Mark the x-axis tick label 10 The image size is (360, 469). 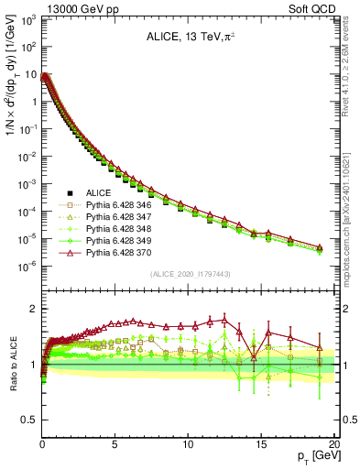[186, 442]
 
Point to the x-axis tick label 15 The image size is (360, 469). [259, 442]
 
